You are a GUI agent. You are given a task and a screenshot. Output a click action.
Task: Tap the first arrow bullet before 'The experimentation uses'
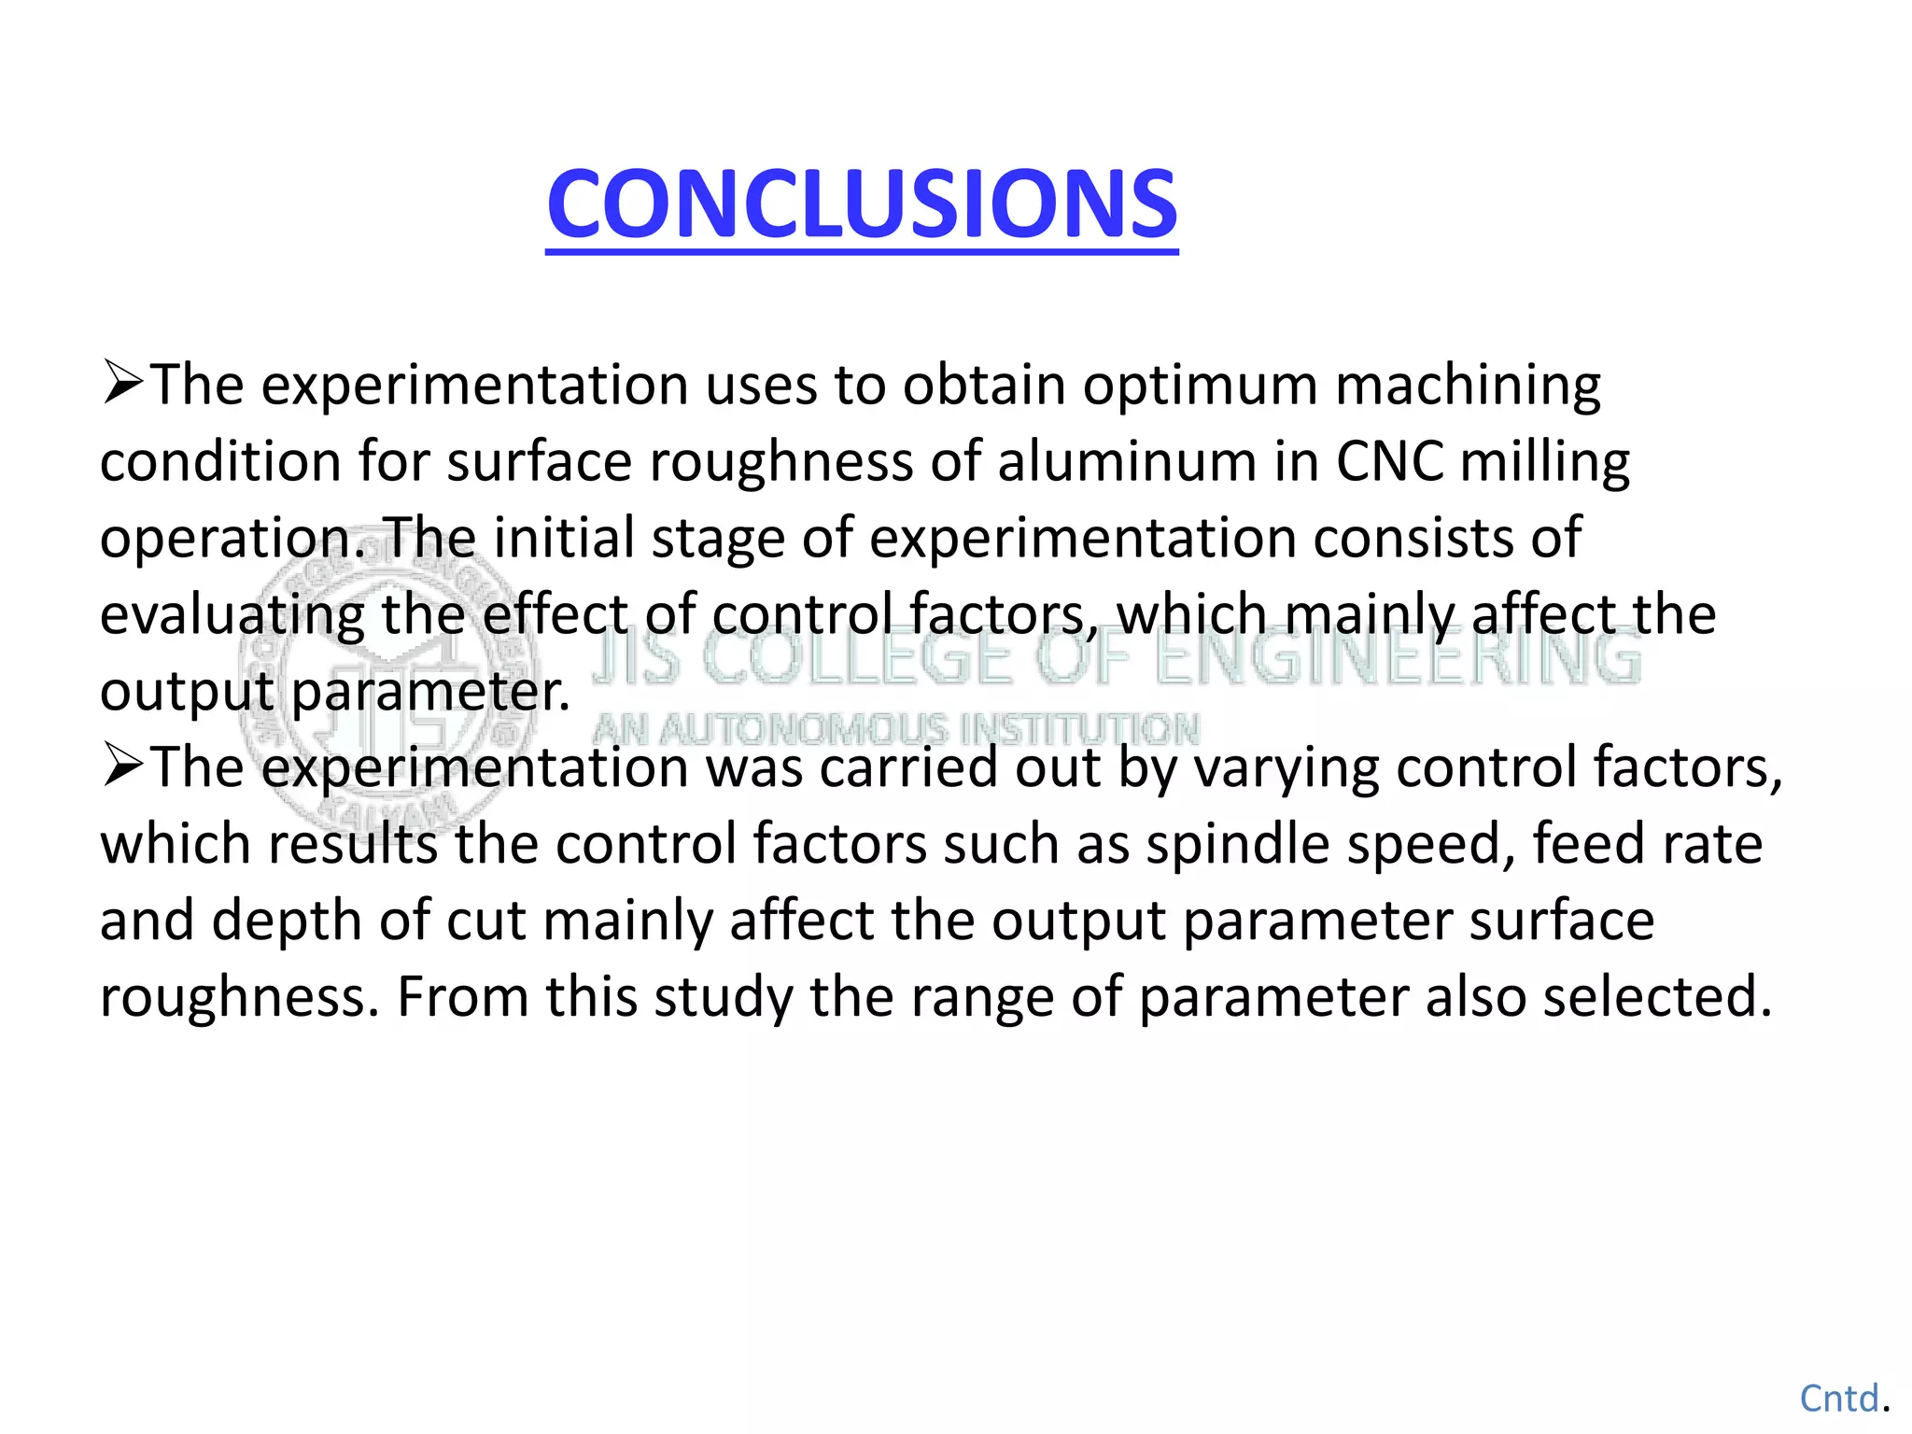click(x=122, y=383)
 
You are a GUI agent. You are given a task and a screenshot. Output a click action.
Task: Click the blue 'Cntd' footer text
click(x=1838, y=1399)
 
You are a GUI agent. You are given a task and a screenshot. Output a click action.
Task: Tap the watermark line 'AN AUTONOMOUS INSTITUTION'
click(x=896, y=729)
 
